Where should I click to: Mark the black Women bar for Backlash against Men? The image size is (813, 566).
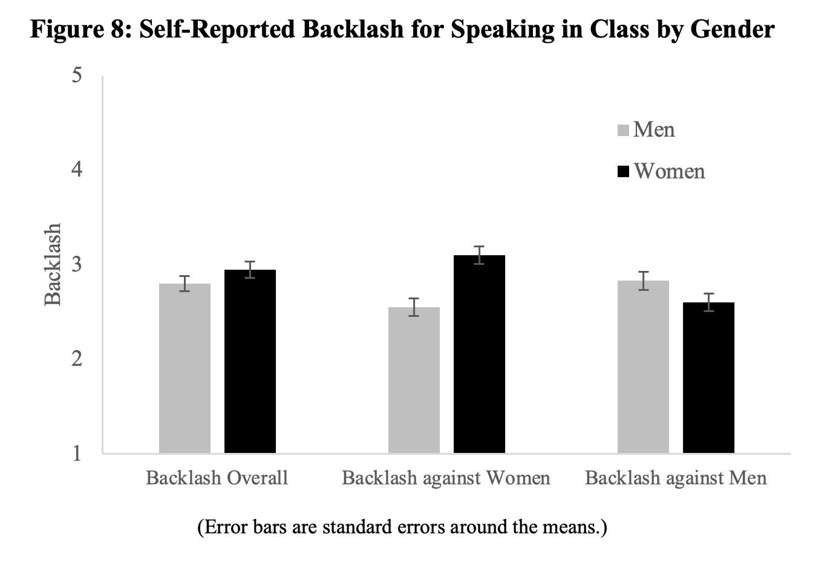[x=708, y=377]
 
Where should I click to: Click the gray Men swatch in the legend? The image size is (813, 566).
[x=623, y=130]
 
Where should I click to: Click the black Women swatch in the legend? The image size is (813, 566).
[x=623, y=172]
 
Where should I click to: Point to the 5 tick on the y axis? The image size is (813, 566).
[x=77, y=76]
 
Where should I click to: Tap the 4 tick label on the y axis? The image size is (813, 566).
[x=77, y=169]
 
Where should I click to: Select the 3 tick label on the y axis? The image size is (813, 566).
[x=77, y=264]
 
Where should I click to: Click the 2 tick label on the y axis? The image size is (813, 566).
[x=77, y=359]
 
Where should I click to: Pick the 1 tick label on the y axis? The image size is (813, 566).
[x=77, y=453]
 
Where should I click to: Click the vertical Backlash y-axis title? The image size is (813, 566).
[x=53, y=264]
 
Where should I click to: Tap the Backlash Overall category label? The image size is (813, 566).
[x=217, y=478]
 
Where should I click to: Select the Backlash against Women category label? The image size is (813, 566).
[x=446, y=478]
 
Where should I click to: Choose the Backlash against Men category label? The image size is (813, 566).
[x=676, y=478]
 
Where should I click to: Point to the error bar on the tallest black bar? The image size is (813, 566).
[x=479, y=255]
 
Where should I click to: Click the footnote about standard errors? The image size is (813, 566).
[x=402, y=527]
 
